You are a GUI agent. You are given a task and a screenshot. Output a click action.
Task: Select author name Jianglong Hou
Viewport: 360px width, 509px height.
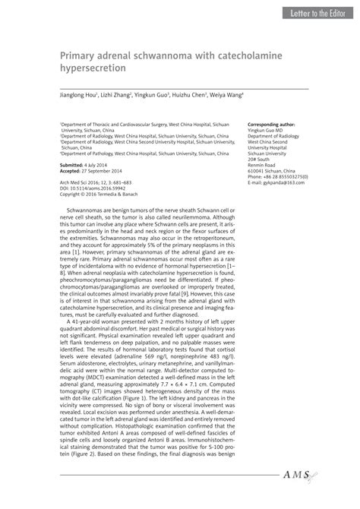(x=75, y=96)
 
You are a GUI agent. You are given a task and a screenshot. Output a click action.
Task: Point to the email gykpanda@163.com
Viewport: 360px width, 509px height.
(x=279, y=183)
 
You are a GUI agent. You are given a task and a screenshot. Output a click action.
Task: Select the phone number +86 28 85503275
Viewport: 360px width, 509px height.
(x=284, y=177)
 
